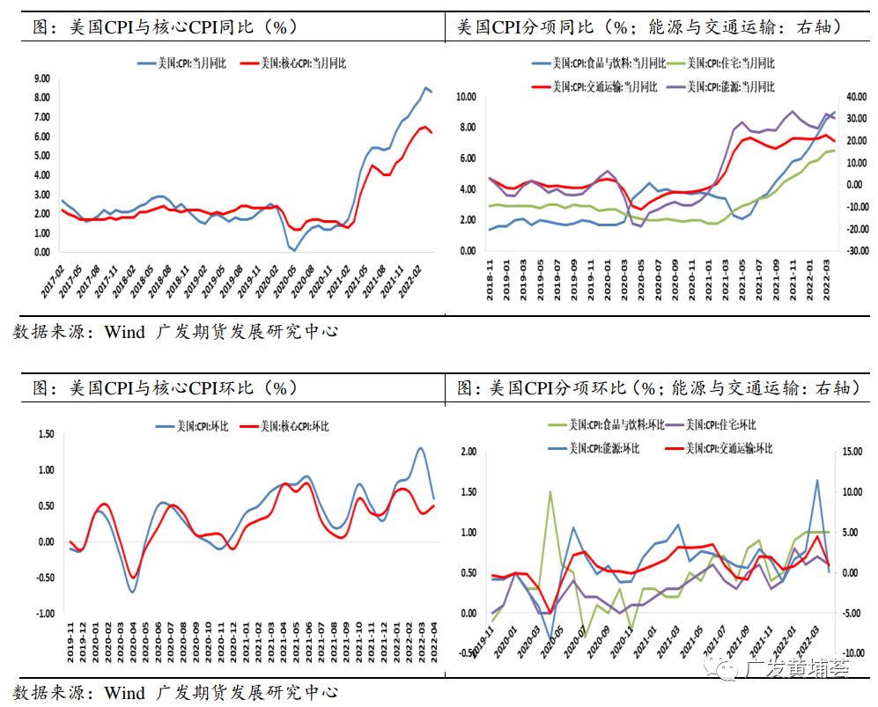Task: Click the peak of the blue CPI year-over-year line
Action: coord(426,87)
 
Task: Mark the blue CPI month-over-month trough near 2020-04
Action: coord(132,592)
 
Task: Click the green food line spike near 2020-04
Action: coord(550,492)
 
